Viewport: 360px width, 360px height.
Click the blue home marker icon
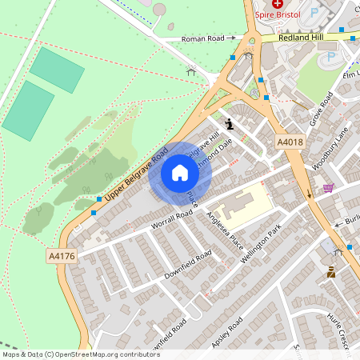click(x=180, y=173)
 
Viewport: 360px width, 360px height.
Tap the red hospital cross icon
click(x=278, y=4)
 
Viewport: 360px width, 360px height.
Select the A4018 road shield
click(x=290, y=142)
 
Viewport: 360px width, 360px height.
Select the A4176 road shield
click(x=62, y=256)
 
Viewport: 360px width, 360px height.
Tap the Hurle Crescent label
click(x=341, y=328)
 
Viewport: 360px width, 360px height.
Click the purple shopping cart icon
click(x=328, y=189)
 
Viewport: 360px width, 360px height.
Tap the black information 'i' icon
click(x=230, y=124)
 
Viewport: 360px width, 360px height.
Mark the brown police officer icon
click(x=331, y=274)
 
